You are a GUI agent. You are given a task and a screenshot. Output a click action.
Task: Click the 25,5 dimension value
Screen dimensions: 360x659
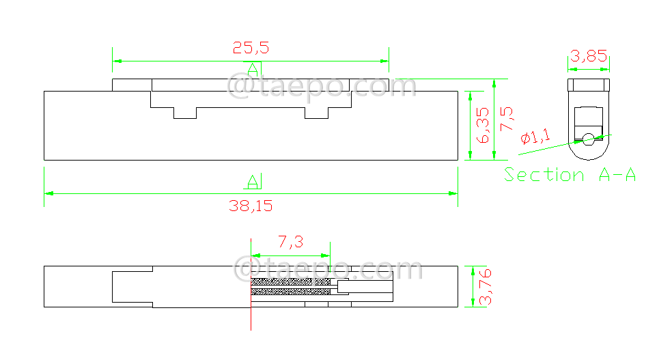tap(251, 48)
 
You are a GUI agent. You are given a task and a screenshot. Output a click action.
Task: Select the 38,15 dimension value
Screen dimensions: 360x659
tap(251, 206)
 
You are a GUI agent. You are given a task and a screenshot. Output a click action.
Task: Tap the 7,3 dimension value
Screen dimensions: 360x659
tap(290, 241)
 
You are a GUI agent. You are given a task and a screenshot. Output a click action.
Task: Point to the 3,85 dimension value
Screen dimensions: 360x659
tap(589, 56)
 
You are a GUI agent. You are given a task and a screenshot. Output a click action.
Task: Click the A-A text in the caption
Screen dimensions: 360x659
tap(617, 175)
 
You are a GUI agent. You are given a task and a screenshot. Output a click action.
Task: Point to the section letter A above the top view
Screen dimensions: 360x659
tap(253, 69)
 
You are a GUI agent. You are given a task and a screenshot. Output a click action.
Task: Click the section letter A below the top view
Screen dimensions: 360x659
tap(253, 181)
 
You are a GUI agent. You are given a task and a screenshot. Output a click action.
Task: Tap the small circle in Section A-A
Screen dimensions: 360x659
tap(588, 139)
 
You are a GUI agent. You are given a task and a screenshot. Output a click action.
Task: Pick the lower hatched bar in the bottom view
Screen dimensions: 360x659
tap(290, 292)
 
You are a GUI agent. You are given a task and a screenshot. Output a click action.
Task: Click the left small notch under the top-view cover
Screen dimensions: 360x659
tap(184, 113)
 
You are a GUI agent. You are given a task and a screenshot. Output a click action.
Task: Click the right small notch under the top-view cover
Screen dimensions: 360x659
tap(316, 113)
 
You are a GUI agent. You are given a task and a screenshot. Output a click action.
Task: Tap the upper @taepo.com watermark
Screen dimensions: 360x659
tap(322, 87)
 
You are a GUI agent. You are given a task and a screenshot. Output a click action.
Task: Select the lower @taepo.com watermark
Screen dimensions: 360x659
tap(328, 269)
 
